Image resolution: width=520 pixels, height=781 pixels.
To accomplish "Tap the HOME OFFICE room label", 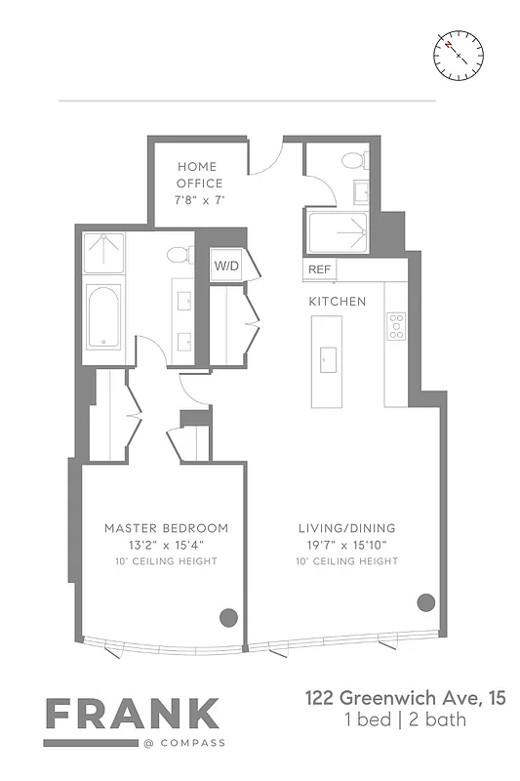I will [199, 176].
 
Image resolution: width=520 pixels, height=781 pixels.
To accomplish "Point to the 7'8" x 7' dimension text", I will [200, 199].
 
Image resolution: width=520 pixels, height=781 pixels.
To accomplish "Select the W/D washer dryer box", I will [225, 265].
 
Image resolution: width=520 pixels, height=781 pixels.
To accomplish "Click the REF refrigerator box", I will [319, 269].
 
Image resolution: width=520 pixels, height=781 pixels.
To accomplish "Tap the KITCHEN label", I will [338, 302].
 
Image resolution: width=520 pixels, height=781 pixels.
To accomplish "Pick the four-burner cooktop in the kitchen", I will [396, 326].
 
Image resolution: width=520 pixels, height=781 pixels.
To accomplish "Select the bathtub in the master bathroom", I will [102, 316].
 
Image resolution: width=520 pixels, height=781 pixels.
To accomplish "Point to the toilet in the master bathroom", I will [177, 256].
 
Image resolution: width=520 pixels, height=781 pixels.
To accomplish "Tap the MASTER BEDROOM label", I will [166, 528].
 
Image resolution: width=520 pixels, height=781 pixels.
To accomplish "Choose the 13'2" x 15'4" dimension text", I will [166, 545].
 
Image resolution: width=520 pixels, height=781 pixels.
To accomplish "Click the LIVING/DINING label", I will [346, 528].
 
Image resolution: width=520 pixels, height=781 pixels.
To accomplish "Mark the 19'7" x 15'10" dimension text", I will [346, 545].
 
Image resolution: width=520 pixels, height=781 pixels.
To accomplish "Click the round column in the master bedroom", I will [228, 616].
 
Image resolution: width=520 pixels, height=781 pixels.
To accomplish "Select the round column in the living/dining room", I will [425, 601].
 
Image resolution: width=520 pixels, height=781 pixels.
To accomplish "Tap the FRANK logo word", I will [133, 715].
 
